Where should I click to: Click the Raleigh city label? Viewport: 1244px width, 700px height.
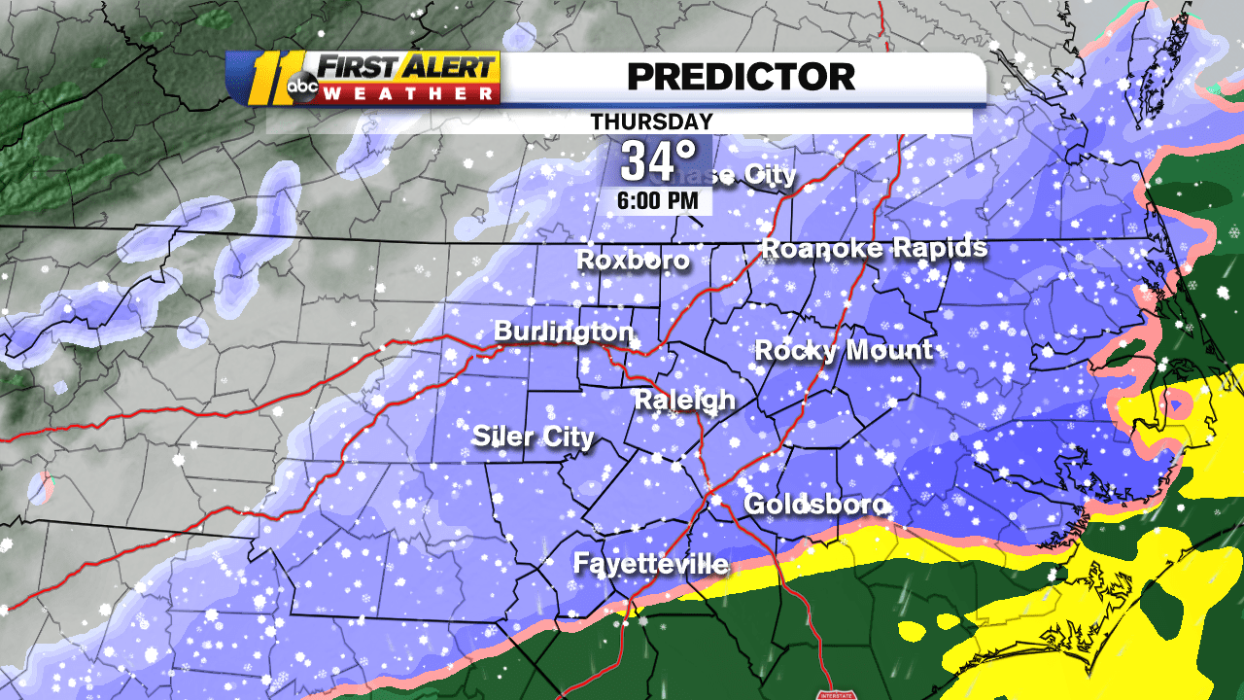point(684,401)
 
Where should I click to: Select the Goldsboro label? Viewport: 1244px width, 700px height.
point(814,505)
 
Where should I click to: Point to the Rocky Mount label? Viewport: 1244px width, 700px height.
point(844,350)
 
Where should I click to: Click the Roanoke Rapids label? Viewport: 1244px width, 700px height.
point(874,248)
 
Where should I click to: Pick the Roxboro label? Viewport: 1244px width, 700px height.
point(633,261)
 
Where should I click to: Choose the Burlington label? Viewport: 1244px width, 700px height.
point(564,332)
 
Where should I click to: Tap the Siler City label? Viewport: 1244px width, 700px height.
point(533,437)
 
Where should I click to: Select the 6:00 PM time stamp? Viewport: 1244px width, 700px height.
point(658,201)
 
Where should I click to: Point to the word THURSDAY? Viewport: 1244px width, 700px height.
point(651,122)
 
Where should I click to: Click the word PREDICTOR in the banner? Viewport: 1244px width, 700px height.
point(741,76)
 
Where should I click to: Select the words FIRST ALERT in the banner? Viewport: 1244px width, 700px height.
point(408,68)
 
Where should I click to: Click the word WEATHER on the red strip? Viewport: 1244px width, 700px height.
point(408,93)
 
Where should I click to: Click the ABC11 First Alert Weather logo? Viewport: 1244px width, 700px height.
point(363,78)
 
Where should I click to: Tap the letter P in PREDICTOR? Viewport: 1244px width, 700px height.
point(639,76)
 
